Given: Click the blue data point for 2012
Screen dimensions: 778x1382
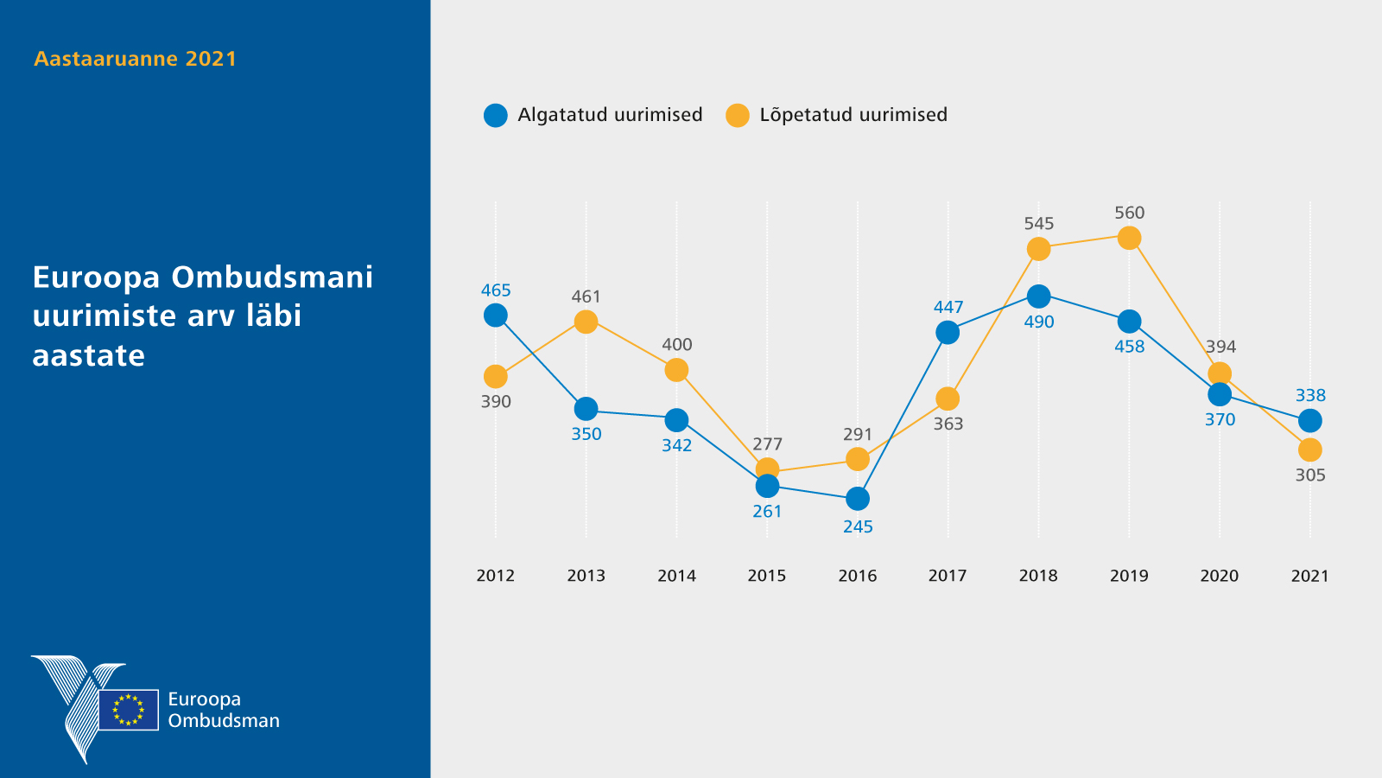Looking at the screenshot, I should (x=496, y=316).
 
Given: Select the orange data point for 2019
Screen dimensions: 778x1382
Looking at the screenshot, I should (x=1129, y=238).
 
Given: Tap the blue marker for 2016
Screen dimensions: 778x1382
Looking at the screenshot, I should (x=858, y=499).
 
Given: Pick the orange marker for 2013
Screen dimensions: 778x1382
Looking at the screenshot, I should (x=586, y=322).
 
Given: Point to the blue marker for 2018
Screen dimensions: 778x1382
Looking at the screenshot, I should (x=1038, y=297).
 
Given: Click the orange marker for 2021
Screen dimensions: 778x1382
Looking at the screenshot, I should (x=1310, y=450).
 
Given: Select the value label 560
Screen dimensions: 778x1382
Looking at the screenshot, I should (x=1129, y=213).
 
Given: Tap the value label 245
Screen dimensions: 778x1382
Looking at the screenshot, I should (x=858, y=526).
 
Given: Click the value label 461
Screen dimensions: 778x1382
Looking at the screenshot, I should (x=586, y=297).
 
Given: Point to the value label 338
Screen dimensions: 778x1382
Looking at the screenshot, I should (x=1310, y=395).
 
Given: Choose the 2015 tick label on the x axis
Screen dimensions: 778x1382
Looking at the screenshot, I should (x=767, y=576).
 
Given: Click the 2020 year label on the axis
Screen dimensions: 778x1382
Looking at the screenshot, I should (x=1220, y=576).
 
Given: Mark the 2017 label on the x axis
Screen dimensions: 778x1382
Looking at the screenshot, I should (x=948, y=576).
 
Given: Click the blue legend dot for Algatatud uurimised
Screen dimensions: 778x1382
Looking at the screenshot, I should (x=496, y=115).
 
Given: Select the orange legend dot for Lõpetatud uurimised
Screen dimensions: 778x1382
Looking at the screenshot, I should (x=738, y=115).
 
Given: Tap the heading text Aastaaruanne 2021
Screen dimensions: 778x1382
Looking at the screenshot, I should (x=135, y=59).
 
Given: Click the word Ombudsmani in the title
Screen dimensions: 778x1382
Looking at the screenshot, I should (x=272, y=277).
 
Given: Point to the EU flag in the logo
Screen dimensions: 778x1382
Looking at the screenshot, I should (x=129, y=710).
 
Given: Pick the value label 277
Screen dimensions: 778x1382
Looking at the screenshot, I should (x=767, y=444).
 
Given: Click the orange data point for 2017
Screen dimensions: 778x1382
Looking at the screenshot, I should (x=948, y=399).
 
